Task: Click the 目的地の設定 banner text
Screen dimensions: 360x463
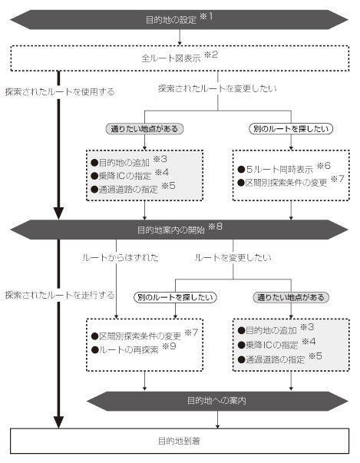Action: tap(171, 20)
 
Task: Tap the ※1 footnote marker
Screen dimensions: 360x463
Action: tap(206, 16)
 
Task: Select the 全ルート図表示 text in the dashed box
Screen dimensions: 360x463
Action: tap(171, 58)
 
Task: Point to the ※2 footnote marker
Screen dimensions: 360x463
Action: tap(211, 55)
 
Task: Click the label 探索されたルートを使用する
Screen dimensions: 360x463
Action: tap(60, 92)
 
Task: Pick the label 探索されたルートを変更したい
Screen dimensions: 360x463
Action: tap(217, 88)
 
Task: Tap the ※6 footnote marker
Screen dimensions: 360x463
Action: tap(323, 166)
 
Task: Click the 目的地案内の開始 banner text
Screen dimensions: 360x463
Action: tap(171, 230)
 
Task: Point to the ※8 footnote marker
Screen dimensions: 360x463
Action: tap(215, 227)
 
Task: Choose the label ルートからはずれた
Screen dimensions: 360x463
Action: tap(120, 257)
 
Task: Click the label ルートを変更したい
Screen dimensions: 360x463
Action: tap(233, 257)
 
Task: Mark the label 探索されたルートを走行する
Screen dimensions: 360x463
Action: tap(60, 295)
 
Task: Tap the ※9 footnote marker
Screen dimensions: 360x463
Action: tap(170, 346)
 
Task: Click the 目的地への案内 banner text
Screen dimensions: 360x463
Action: tap(216, 401)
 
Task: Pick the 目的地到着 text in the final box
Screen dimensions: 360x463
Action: tap(179, 441)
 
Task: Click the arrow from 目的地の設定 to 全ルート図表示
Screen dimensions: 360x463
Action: tap(180, 37)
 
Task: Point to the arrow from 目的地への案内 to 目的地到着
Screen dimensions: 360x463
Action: tap(217, 419)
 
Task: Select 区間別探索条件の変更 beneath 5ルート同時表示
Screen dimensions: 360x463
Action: tap(286, 183)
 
